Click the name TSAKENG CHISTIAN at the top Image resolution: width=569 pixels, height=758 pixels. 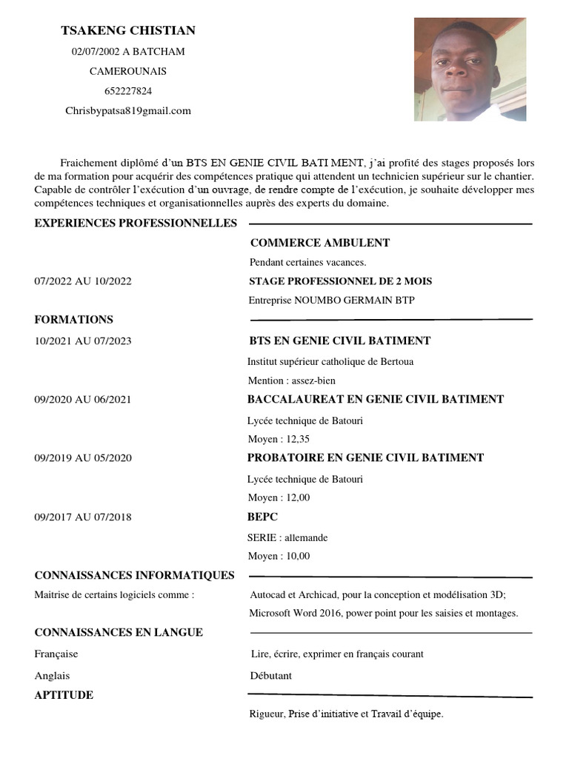(x=128, y=30)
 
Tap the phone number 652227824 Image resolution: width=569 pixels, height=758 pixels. (x=128, y=91)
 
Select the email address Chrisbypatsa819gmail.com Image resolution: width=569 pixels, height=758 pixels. (x=128, y=111)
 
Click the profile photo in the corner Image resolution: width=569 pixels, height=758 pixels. (x=470, y=70)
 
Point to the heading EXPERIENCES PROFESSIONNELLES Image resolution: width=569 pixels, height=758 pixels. (x=136, y=224)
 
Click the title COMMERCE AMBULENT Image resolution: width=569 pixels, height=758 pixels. (x=320, y=243)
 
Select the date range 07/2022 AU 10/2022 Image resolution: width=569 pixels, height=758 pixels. (x=83, y=281)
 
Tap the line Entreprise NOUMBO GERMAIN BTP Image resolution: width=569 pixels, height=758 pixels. (x=332, y=300)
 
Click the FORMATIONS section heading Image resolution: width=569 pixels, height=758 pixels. (x=74, y=320)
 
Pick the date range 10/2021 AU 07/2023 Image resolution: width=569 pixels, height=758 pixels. (x=83, y=341)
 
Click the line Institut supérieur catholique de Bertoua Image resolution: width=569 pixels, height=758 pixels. (x=330, y=362)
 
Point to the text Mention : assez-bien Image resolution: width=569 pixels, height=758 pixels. (x=292, y=380)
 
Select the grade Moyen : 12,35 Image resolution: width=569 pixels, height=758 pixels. (x=279, y=439)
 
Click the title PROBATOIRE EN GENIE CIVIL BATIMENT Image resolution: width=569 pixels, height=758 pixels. (x=365, y=458)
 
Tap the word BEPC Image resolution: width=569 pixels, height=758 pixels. (x=262, y=517)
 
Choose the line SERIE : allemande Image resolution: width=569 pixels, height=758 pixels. (x=287, y=537)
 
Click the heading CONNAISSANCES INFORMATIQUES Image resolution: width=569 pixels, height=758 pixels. (x=134, y=575)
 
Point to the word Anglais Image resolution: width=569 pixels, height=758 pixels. (x=52, y=676)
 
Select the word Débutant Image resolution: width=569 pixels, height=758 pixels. (x=271, y=676)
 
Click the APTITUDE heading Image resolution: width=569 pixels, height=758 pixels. (x=64, y=695)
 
